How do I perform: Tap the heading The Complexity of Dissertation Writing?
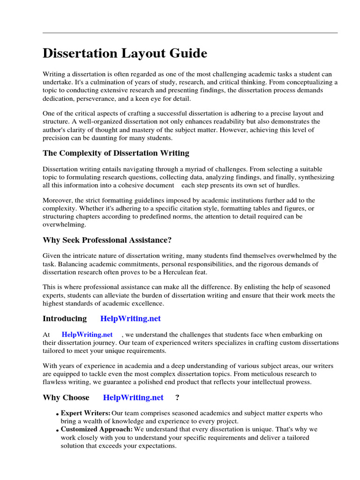coord(116,153)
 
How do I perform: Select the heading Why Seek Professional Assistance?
coord(107,240)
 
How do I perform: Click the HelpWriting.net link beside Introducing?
coord(130,319)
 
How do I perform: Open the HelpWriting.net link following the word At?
coord(87,335)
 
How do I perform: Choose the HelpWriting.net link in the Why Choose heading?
coord(133,397)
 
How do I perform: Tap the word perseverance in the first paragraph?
coord(96,99)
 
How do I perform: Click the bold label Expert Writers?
coord(86,413)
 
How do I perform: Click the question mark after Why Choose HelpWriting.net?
coord(177,397)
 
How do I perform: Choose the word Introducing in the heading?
coord(65,319)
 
